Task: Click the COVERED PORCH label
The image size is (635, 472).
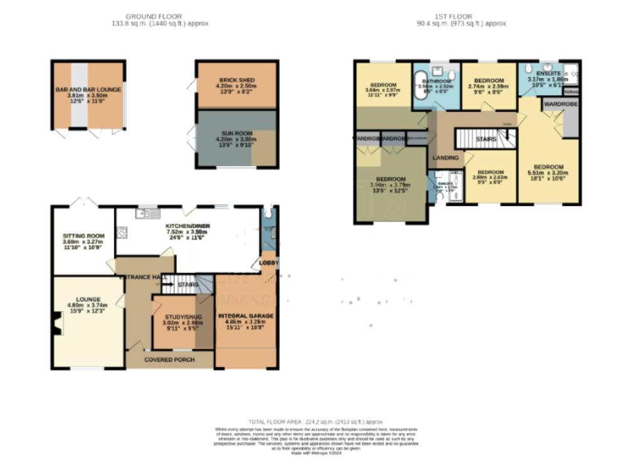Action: click(169, 360)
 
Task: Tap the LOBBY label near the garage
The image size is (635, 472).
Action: click(269, 262)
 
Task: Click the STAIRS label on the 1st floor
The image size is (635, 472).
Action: click(486, 139)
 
